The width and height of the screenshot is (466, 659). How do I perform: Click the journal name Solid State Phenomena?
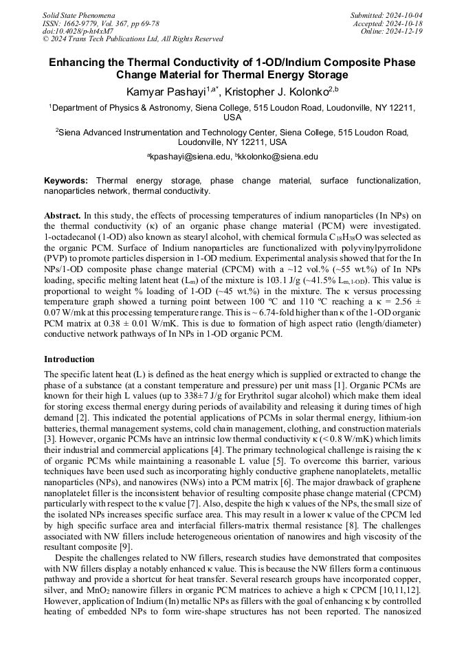78,14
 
